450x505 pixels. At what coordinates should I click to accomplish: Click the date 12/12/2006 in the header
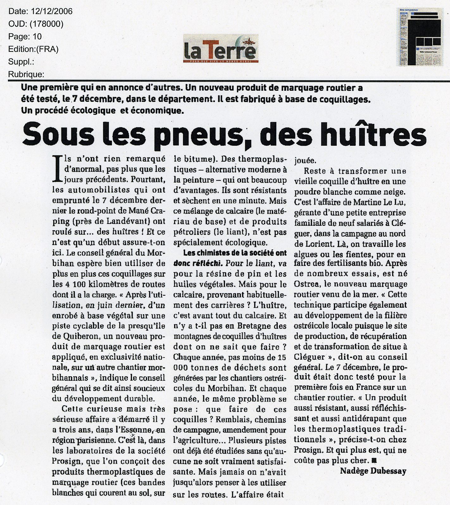coord(52,12)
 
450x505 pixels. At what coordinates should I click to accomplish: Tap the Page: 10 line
coord(25,37)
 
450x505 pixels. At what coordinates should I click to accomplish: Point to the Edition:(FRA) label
coord(33,49)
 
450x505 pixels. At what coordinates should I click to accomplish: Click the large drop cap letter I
coord(58,169)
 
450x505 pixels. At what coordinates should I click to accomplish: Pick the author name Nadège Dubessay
coord(373,471)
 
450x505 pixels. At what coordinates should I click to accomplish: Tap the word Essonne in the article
coord(137,429)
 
